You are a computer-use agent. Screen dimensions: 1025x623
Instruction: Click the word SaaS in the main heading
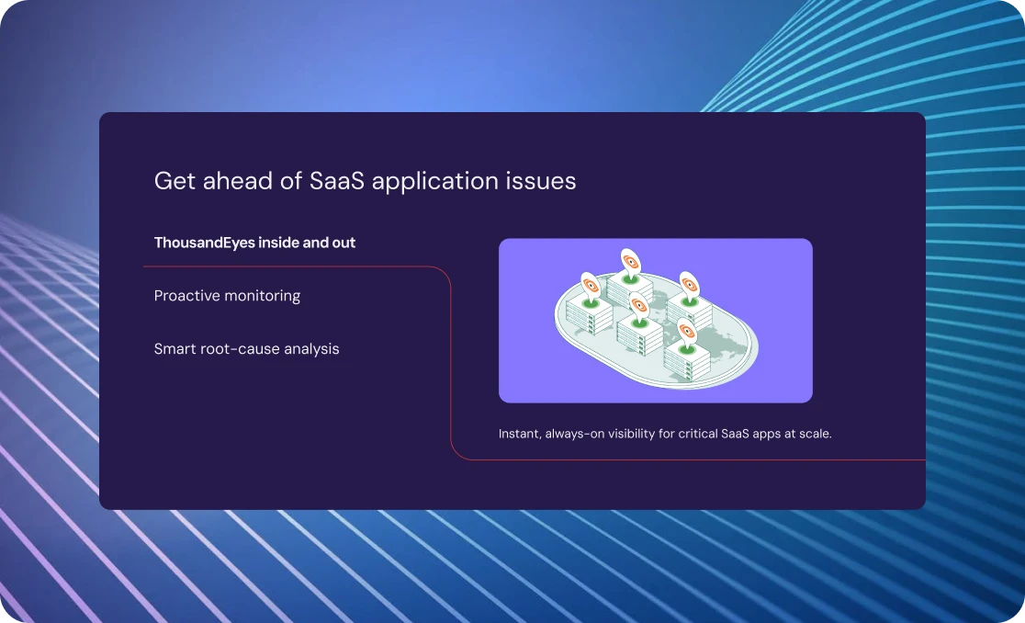tap(337, 180)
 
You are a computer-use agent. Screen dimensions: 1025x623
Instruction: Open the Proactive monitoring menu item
tap(227, 296)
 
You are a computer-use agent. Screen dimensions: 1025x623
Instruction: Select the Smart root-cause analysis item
tap(246, 349)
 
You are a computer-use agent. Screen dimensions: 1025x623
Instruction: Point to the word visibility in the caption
tap(632, 434)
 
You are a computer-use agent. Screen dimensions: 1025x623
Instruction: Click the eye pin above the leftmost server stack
tap(590, 288)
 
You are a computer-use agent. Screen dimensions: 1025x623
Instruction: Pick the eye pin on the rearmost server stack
tap(630, 264)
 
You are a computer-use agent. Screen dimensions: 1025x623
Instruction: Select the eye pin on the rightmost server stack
tap(689, 287)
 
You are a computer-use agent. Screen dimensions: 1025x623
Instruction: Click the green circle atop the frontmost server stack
tap(686, 350)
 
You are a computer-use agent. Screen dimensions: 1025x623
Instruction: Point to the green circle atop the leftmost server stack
tap(591, 304)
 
